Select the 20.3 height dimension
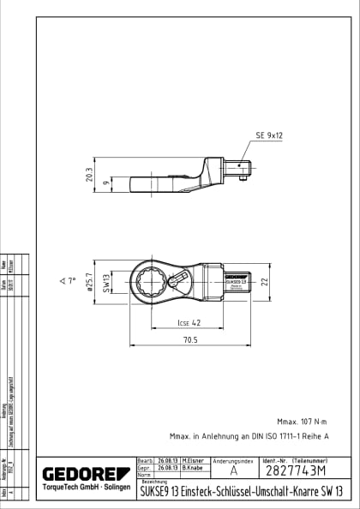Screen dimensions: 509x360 pyautogui.click(x=89, y=174)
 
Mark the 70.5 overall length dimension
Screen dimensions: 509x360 pyautogui.click(x=189, y=340)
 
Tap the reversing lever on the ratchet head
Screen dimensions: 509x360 pyautogui.click(x=177, y=280)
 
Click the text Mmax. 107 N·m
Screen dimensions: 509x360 pyautogui.click(x=303, y=422)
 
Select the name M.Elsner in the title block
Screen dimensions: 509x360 pyautogui.click(x=193, y=461)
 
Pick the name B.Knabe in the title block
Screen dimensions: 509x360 pyautogui.click(x=192, y=469)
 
